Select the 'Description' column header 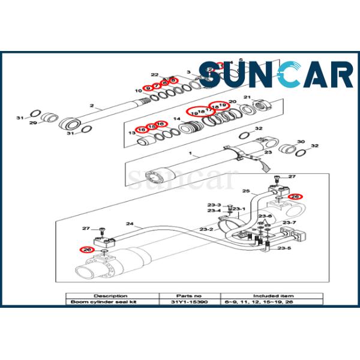(110, 295)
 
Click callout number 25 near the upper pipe (245, 191)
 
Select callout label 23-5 (284, 248)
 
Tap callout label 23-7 (290, 223)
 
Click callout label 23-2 (206, 229)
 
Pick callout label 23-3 (214, 205)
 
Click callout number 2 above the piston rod (92, 106)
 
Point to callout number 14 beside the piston (176, 119)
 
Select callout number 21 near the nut (247, 98)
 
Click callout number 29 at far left (34, 122)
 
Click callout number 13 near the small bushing (132, 132)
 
